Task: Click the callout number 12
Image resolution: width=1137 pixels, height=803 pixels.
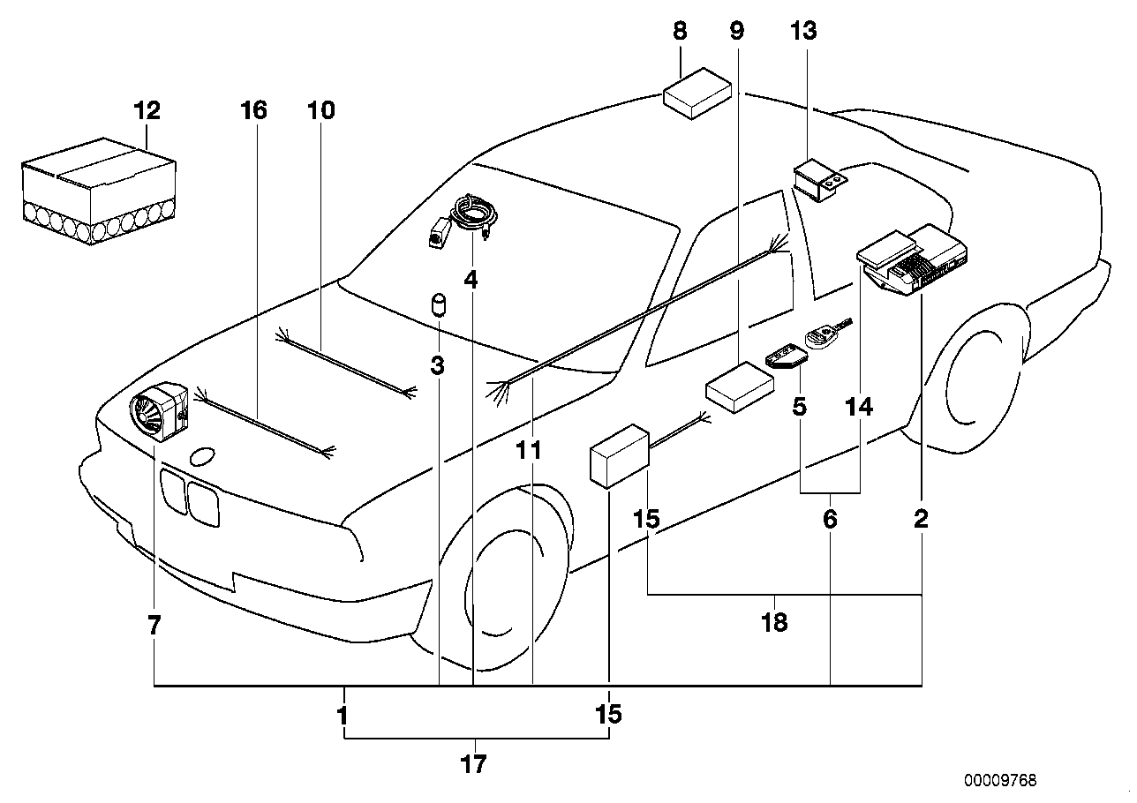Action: click(x=147, y=111)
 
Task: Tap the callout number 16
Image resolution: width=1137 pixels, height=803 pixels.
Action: click(x=253, y=111)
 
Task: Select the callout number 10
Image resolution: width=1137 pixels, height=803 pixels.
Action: click(x=322, y=111)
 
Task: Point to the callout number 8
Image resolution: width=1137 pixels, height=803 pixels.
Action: click(x=679, y=32)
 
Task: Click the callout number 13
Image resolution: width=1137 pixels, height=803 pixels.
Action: click(x=804, y=32)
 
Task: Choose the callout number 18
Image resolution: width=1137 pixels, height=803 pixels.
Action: click(x=774, y=623)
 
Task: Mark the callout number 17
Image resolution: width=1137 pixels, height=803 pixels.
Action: click(x=474, y=764)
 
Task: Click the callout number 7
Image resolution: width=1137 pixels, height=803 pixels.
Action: click(x=154, y=627)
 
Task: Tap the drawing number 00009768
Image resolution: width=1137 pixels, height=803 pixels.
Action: click(x=1000, y=780)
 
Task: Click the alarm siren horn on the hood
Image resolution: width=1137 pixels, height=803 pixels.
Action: click(x=159, y=411)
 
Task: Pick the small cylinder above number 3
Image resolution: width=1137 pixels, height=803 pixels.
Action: click(x=438, y=305)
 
